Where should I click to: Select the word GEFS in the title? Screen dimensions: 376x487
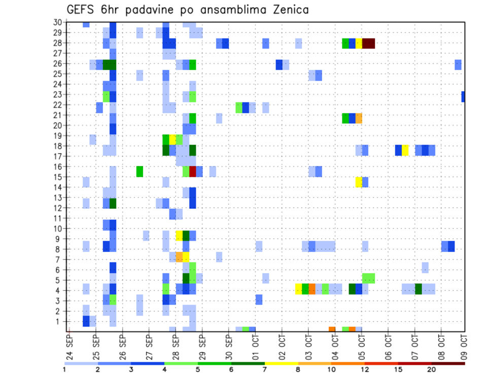click(82, 10)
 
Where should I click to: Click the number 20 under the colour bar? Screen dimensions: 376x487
click(431, 369)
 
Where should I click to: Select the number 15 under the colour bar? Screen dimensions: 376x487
click(398, 369)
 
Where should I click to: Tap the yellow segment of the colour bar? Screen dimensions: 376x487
click(281, 363)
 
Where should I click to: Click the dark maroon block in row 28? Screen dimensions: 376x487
click(368, 43)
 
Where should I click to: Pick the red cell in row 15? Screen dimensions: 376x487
click(192, 171)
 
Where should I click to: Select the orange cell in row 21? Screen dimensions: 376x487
click(359, 118)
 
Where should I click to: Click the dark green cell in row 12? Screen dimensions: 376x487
click(113, 203)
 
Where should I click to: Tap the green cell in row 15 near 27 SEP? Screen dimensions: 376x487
click(140, 171)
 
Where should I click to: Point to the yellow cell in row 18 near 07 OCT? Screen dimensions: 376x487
click(405, 151)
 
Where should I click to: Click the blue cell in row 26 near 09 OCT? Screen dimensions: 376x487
click(458, 64)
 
